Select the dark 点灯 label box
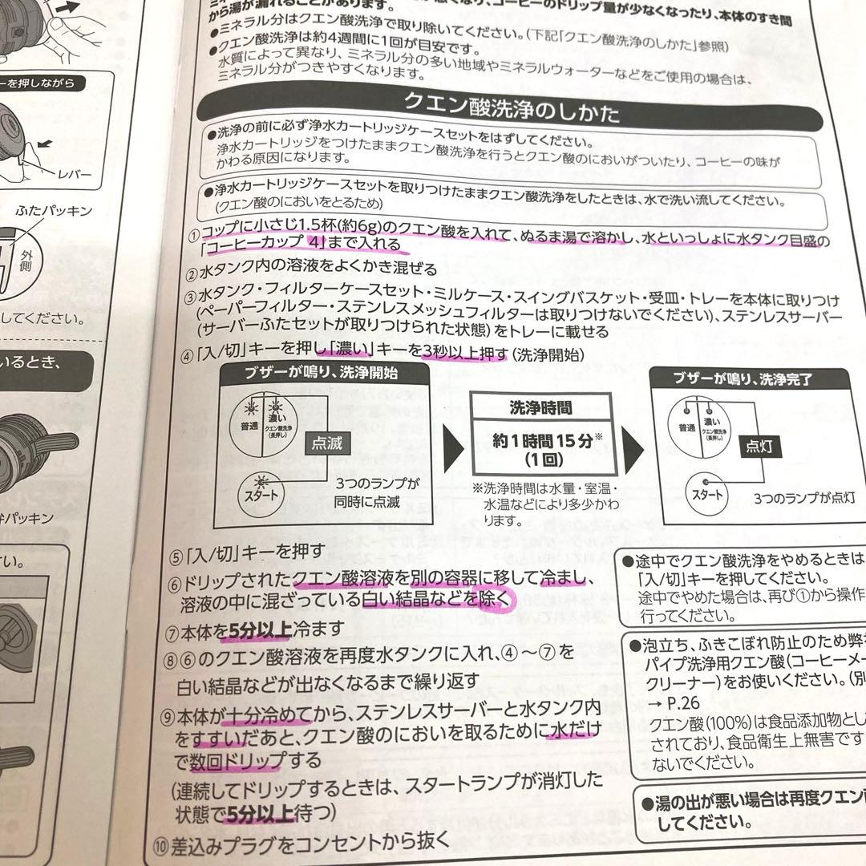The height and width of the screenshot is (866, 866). coord(758,447)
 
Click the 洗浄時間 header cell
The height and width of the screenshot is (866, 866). coord(541,408)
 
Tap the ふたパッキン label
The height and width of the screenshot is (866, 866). coord(55,211)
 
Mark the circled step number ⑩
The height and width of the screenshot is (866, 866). coord(161,841)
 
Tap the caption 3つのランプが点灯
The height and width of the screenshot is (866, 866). coord(803,497)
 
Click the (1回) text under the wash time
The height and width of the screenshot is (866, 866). coord(541,460)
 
